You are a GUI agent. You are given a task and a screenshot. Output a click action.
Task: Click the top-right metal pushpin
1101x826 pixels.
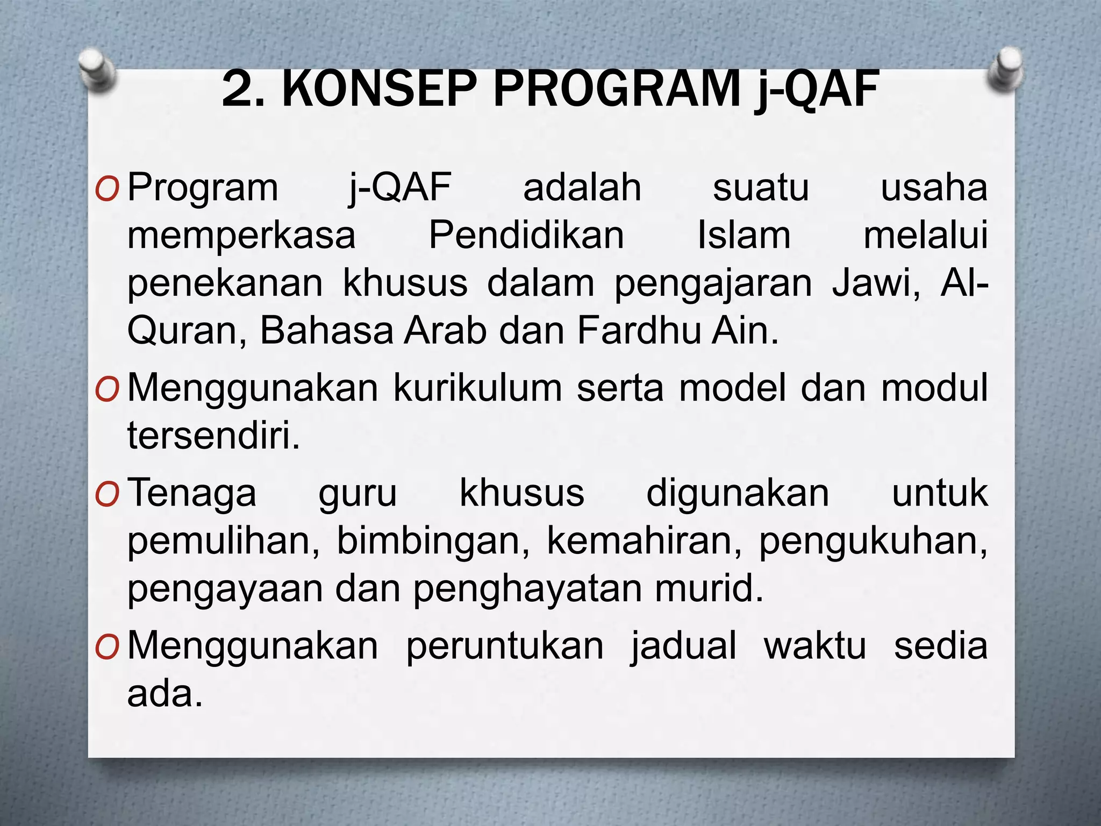click(x=1004, y=71)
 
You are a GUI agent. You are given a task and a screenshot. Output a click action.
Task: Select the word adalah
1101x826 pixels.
click(x=582, y=188)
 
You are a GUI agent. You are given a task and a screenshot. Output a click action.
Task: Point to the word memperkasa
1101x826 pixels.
click(x=241, y=237)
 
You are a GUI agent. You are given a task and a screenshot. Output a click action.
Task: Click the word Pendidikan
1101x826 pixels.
click(x=526, y=236)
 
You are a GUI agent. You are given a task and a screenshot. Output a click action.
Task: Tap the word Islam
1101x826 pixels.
click(x=744, y=236)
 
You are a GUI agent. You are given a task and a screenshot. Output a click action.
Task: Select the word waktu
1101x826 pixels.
click(x=815, y=646)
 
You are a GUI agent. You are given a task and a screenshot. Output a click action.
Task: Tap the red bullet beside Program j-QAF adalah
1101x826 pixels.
click(x=106, y=189)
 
